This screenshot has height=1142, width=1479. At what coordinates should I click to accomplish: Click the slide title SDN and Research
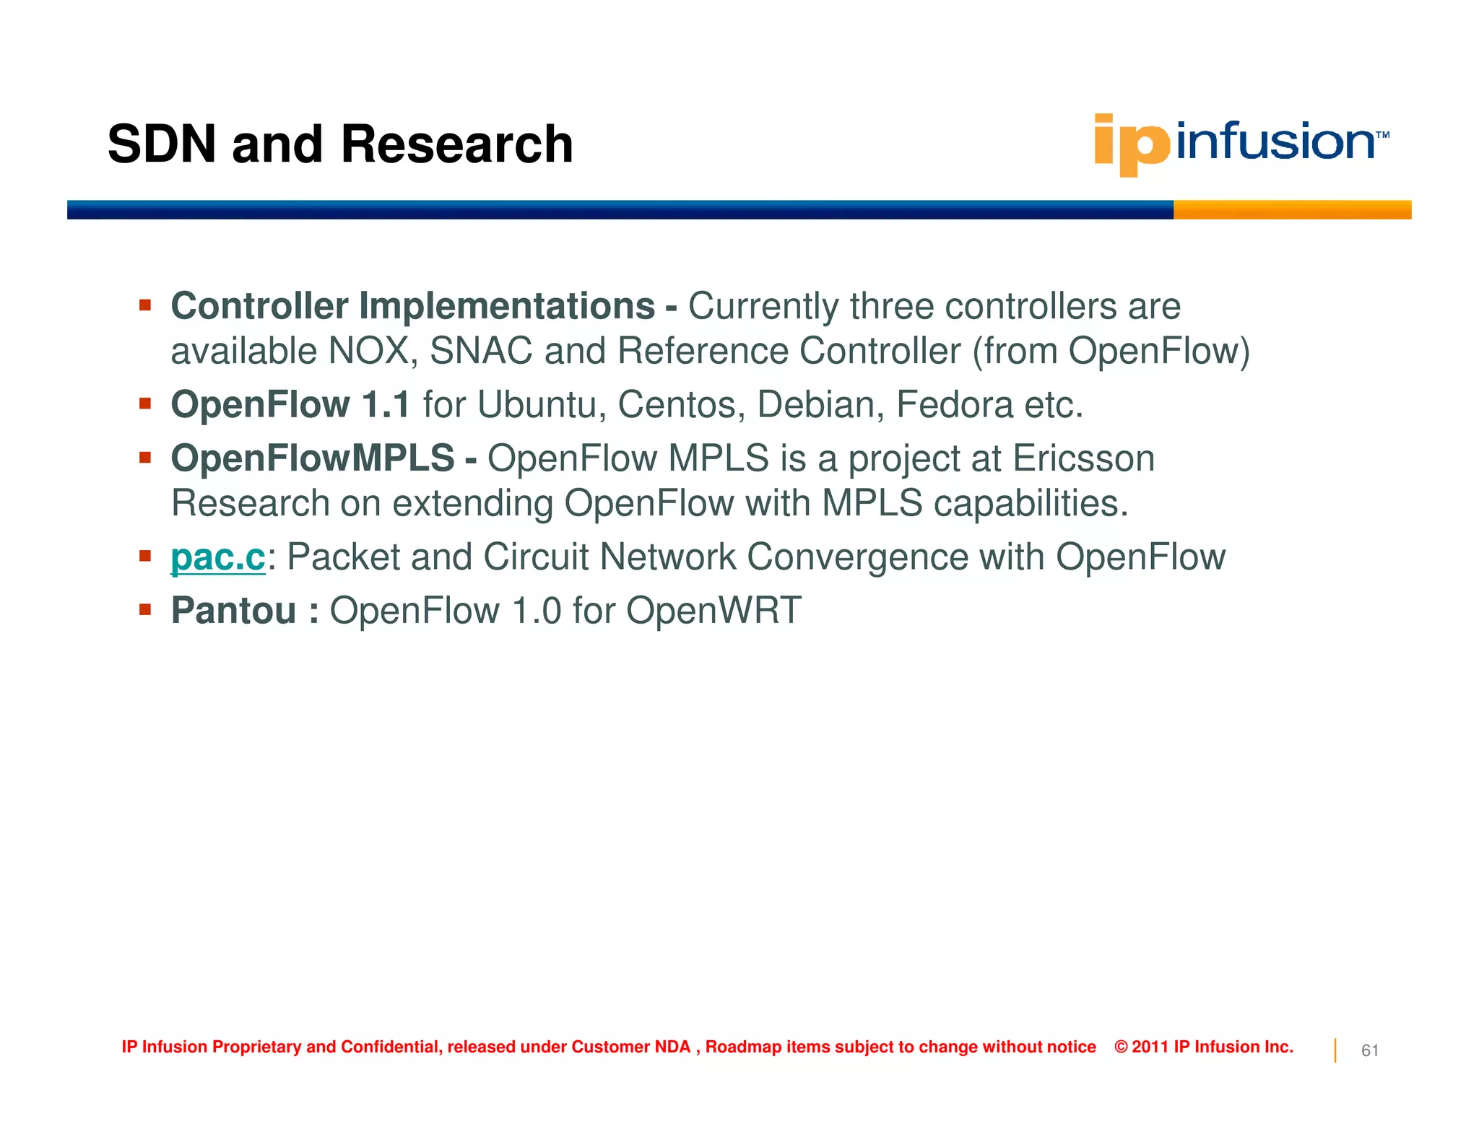coord(340,144)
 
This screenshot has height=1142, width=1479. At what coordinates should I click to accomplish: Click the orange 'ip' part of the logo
coord(1131,144)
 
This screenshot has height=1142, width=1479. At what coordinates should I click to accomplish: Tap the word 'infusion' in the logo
coord(1275,141)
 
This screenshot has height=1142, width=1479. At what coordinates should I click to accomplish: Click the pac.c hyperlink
coord(218,557)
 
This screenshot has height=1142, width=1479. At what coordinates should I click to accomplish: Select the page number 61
coord(1369,1051)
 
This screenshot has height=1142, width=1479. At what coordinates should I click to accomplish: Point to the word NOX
coord(368,352)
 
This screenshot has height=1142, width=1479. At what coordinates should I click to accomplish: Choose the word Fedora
coord(954,405)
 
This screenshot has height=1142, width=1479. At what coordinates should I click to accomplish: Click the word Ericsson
coord(1083,459)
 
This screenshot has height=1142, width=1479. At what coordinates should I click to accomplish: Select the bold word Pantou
coord(234,611)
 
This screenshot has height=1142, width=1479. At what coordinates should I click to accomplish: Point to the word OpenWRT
coord(714,611)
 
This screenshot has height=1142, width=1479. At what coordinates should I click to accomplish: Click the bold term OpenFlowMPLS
coord(313,459)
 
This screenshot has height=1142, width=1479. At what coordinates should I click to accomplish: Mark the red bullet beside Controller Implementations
coord(145,305)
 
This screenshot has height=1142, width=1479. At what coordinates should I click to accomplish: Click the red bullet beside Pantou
coord(145,610)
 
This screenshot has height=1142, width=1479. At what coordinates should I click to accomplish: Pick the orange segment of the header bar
coord(1291,210)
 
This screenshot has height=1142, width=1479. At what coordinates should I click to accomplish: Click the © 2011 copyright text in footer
coord(1203,1047)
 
